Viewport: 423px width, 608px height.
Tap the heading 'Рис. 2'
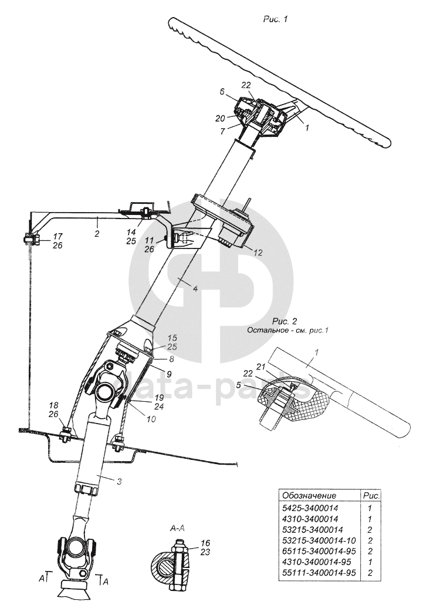(x=285, y=321)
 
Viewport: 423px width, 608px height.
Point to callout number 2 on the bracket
(x=97, y=233)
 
